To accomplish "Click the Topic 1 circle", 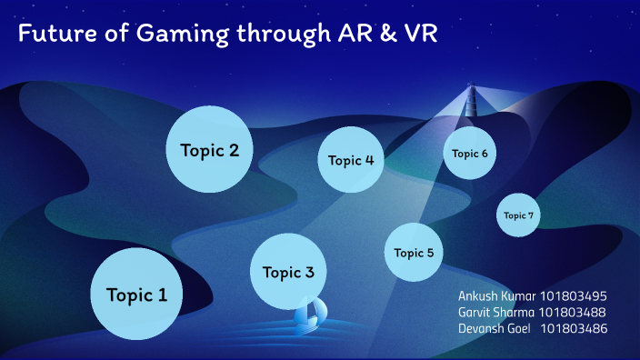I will [x=136, y=294].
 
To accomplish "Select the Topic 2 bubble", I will [x=209, y=150].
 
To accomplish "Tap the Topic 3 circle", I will [x=288, y=271].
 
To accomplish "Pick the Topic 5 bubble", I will [x=414, y=252].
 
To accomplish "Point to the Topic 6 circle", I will [x=470, y=153].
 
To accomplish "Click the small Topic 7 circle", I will [x=519, y=215].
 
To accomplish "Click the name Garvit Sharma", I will [x=495, y=312].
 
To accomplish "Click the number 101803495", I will [x=573, y=295].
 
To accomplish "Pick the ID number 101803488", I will [x=573, y=312].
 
